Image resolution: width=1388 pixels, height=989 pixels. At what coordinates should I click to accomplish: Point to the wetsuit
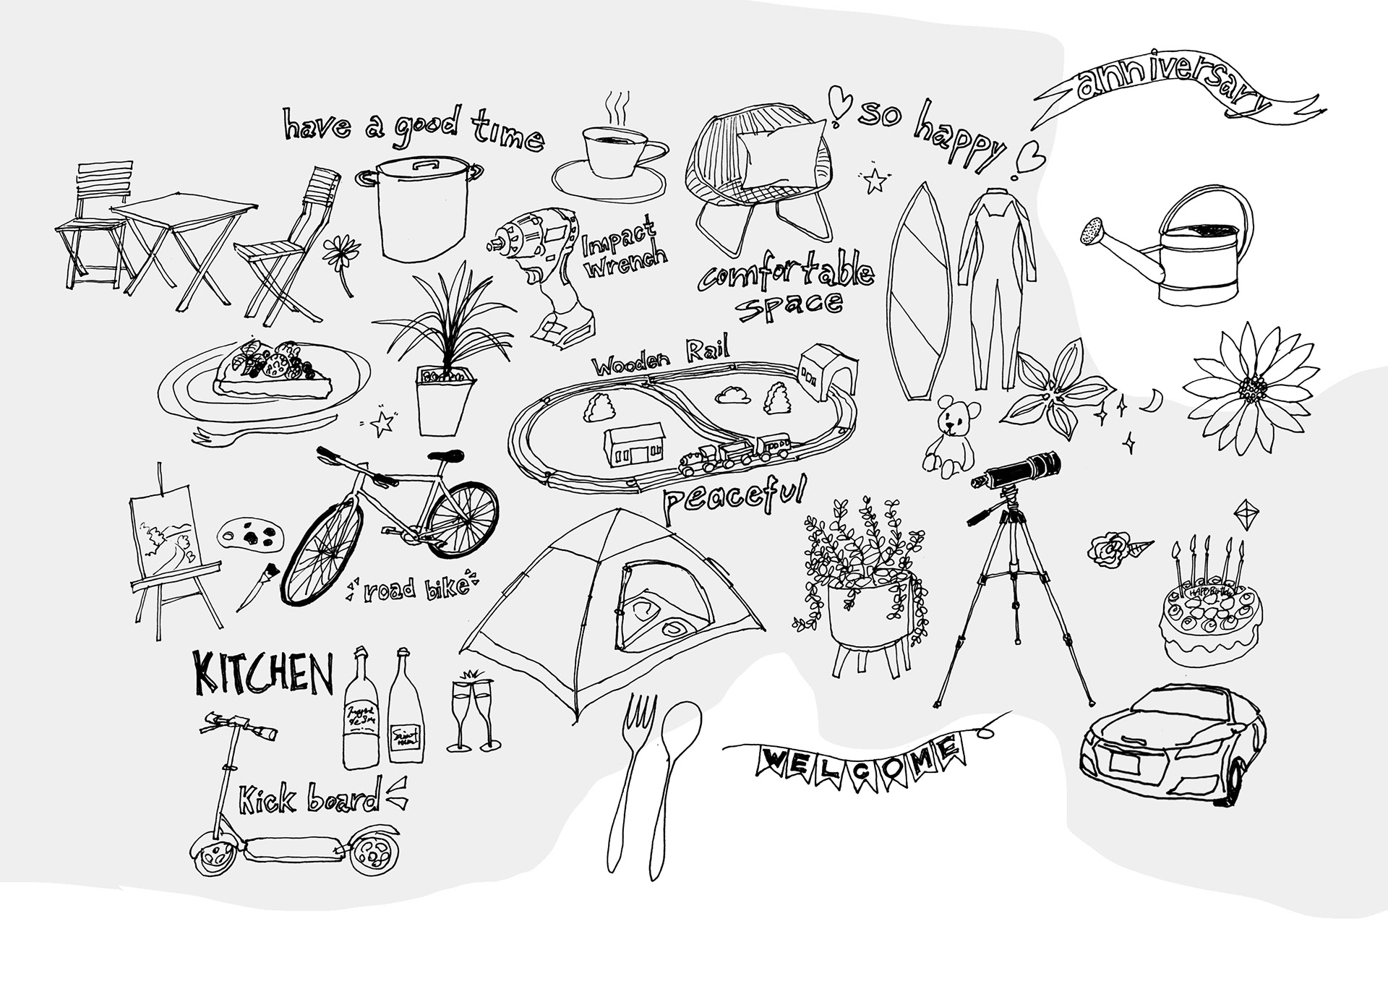pos(992,275)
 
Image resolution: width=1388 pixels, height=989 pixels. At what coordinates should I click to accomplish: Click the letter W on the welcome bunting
pos(773,761)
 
